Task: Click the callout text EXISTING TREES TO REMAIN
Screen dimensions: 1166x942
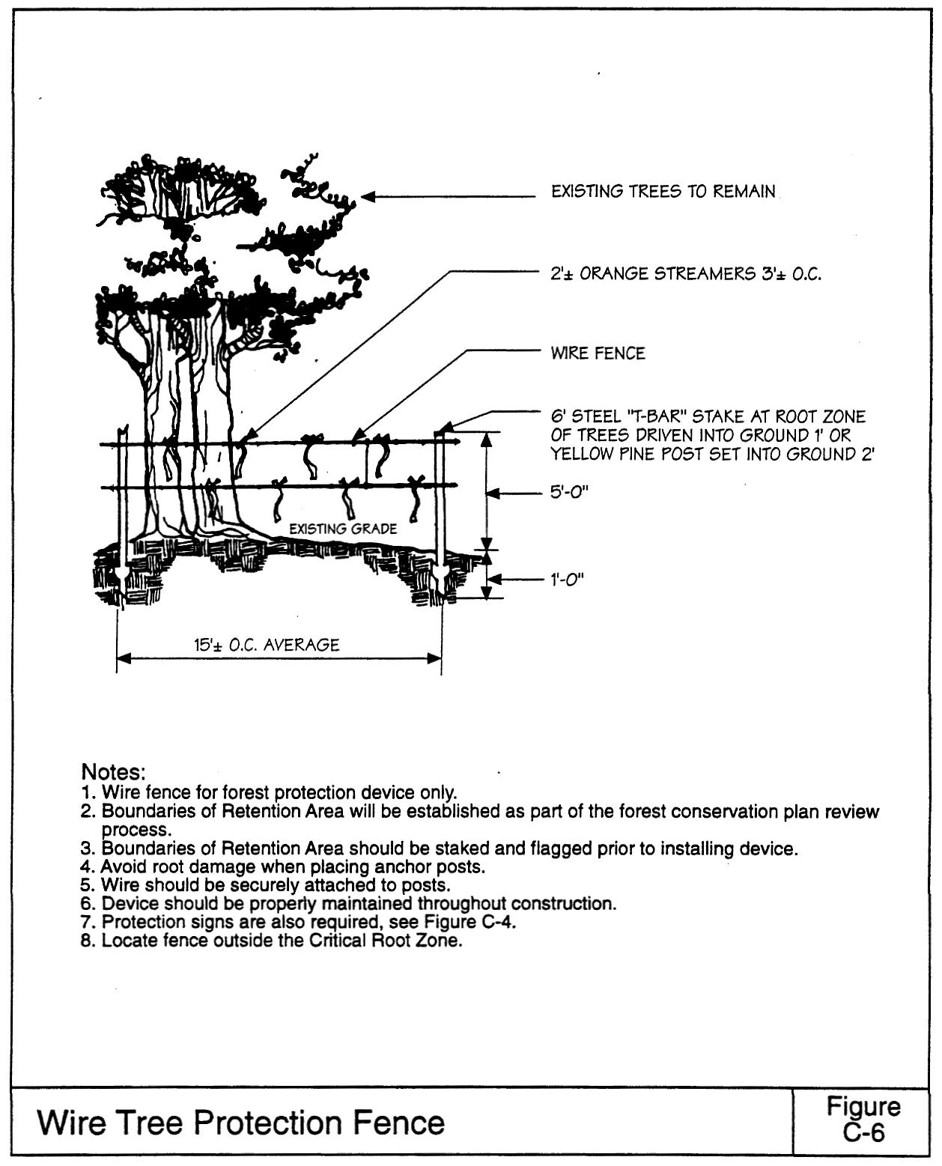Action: click(663, 192)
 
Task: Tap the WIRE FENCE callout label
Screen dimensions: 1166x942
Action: click(598, 353)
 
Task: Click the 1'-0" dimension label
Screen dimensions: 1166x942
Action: click(567, 580)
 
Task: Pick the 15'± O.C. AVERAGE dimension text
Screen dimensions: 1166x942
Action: click(267, 645)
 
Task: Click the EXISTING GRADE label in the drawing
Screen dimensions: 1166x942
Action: click(343, 529)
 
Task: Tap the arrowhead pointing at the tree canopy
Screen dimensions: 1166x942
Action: click(368, 197)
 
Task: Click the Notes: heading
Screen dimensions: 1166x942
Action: click(113, 772)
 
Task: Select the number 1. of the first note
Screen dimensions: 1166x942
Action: click(89, 792)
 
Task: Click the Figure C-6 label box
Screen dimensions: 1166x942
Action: click(863, 1120)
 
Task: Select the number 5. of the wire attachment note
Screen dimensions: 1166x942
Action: click(89, 885)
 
